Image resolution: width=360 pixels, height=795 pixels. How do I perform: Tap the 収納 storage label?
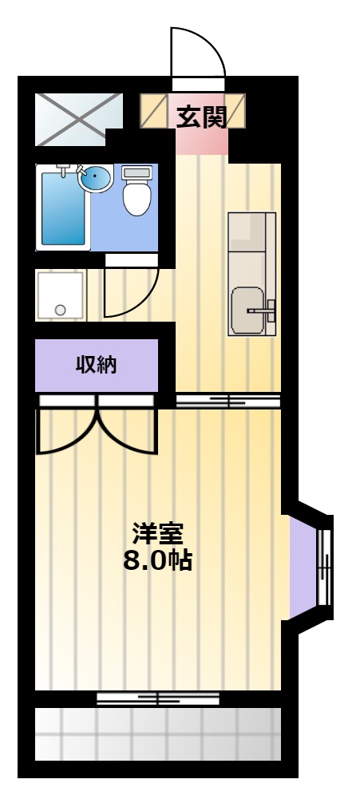[x=97, y=365]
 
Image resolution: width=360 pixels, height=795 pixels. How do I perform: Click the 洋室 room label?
[x=157, y=532]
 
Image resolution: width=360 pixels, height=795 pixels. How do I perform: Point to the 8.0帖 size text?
[x=158, y=560]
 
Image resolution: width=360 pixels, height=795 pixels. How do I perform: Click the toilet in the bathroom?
[x=137, y=190]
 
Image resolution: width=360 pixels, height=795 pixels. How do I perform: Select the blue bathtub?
[x=63, y=208]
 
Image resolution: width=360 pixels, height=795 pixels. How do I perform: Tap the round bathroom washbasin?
[x=95, y=178]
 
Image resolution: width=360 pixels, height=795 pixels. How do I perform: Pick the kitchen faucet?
[x=263, y=310]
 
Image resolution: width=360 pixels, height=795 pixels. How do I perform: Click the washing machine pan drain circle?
[x=61, y=310]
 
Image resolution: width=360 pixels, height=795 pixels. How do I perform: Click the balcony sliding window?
[x=158, y=699]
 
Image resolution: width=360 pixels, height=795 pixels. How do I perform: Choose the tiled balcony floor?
[x=158, y=734]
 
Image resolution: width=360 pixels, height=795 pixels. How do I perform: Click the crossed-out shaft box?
[x=78, y=120]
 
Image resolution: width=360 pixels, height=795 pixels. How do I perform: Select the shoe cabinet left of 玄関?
[x=153, y=110]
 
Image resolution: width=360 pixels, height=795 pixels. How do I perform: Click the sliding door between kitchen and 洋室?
[x=228, y=401]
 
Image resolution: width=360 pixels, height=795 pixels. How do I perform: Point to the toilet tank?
[x=137, y=173]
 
